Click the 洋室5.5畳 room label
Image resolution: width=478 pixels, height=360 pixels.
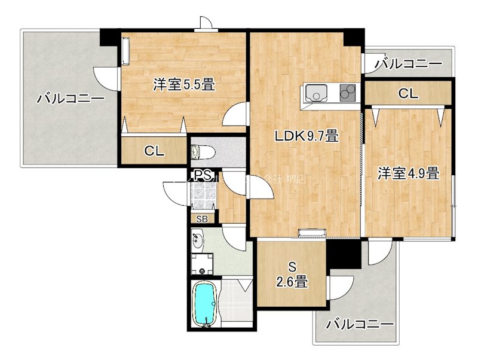click(x=183, y=85)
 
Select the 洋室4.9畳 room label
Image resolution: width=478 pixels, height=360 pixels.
click(x=409, y=174)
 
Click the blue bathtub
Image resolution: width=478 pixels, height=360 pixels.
click(x=206, y=304)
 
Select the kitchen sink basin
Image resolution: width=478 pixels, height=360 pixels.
click(x=314, y=94)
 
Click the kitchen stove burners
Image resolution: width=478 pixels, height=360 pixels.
click(x=347, y=93)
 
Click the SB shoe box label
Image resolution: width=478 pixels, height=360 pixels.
click(x=202, y=219)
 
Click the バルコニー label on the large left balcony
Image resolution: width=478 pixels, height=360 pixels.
click(x=71, y=99)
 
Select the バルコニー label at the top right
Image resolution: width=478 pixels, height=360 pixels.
click(x=409, y=63)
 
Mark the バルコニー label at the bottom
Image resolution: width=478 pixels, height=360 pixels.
click(x=360, y=325)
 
